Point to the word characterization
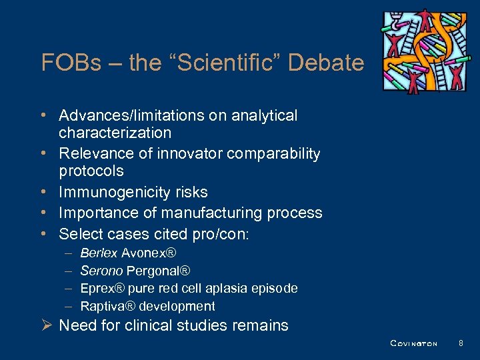pos(115,133)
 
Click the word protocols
pos(91,171)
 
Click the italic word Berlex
pos(99,253)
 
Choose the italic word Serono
pos(101,271)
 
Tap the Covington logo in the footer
pos(413,344)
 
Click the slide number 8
pos(461,343)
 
